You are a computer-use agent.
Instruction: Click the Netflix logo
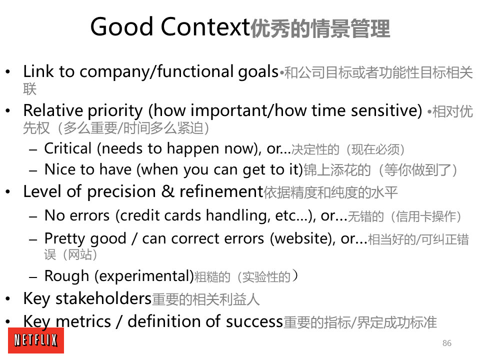tap(36, 340)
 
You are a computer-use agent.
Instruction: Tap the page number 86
tap(446, 343)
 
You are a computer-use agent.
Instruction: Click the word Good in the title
tap(121, 27)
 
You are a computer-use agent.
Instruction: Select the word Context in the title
tap(205, 27)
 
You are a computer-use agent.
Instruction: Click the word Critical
tap(68, 148)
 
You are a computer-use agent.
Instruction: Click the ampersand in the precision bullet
tap(167, 191)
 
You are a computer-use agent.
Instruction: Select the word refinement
tap(221, 191)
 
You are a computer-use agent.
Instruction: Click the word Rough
tap(66, 276)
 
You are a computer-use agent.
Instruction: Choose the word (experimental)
tap(144, 276)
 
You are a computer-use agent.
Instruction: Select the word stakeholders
tap(103, 298)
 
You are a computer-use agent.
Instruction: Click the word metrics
tap(83, 321)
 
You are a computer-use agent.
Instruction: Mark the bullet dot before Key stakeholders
tap(8, 299)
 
